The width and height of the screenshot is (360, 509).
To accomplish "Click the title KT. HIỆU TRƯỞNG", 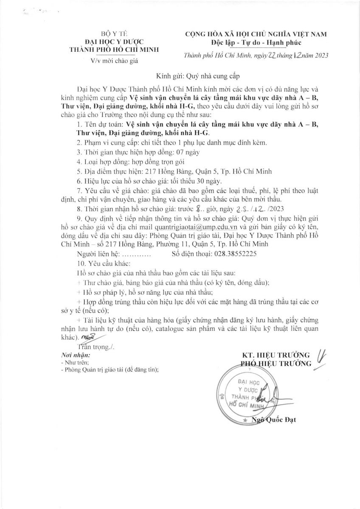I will coord(276,355).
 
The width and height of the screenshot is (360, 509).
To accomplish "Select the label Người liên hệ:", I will coord(99,255).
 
